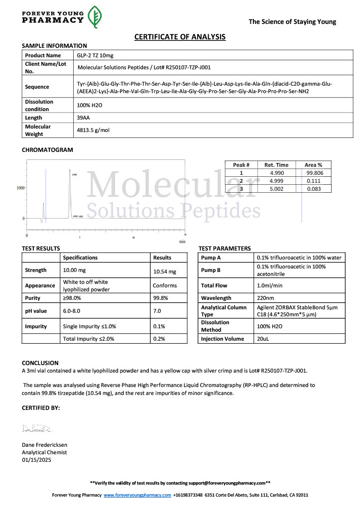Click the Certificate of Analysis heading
(180, 37)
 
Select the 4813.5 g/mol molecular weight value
(93, 130)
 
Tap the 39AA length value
(84, 118)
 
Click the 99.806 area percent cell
(313, 173)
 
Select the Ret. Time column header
(276, 165)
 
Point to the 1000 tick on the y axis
(20, 188)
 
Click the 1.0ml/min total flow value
(269, 286)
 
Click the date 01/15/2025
(36, 460)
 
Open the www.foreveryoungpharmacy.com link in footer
(137, 495)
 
